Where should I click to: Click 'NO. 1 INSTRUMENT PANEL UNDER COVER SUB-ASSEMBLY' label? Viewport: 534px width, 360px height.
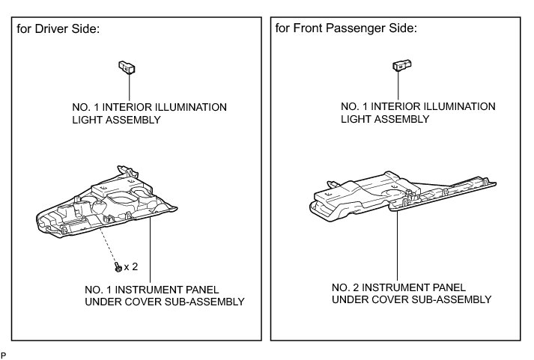(x=165, y=296)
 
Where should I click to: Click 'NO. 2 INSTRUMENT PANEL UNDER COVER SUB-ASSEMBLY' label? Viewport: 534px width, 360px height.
(x=411, y=293)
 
